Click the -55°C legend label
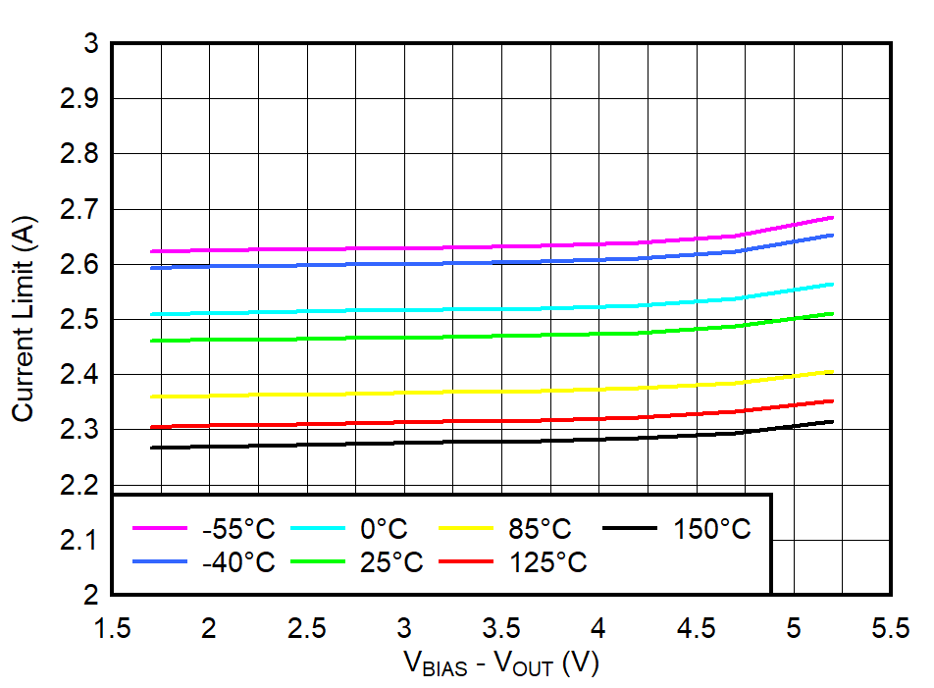[x=238, y=530]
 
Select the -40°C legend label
[x=238, y=563]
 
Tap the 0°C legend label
[x=384, y=530]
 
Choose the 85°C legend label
[x=540, y=530]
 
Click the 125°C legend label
[x=547, y=563]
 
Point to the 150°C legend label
[x=711, y=530]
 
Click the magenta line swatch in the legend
[x=159, y=529]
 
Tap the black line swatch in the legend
[x=629, y=529]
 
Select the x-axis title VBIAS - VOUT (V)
[x=501, y=664]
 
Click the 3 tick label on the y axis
[x=91, y=44]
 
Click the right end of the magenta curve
[x=833, y=217]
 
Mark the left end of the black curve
[x=151, y=448]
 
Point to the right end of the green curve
[x=833, y=313]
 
